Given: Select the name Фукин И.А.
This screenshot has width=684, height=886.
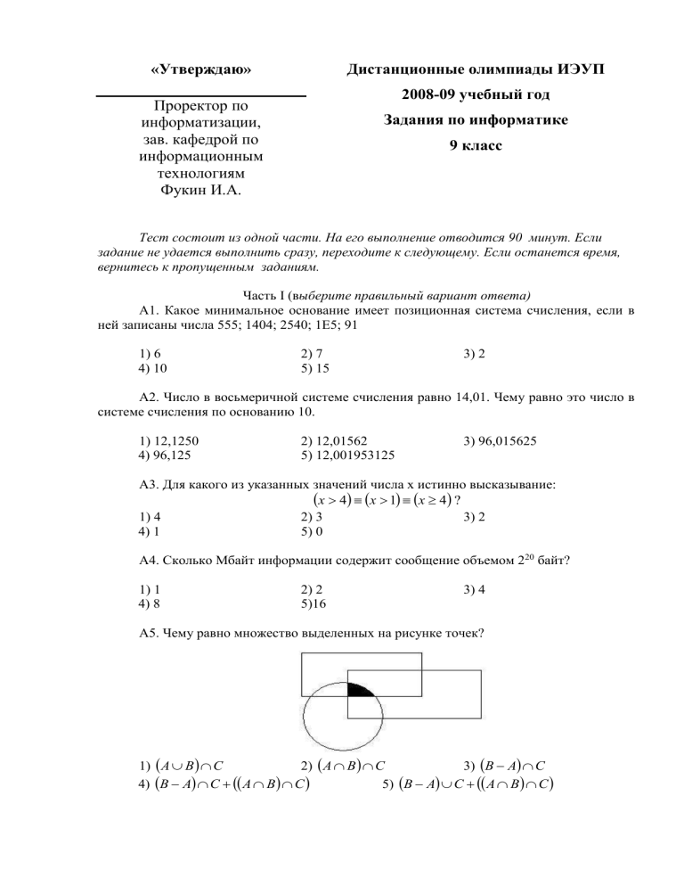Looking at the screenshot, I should [x=200, y=191].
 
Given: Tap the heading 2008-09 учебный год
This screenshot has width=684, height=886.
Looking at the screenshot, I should [x=476, y=94].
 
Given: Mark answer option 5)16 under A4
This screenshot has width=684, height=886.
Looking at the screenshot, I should [x=314, y=603].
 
